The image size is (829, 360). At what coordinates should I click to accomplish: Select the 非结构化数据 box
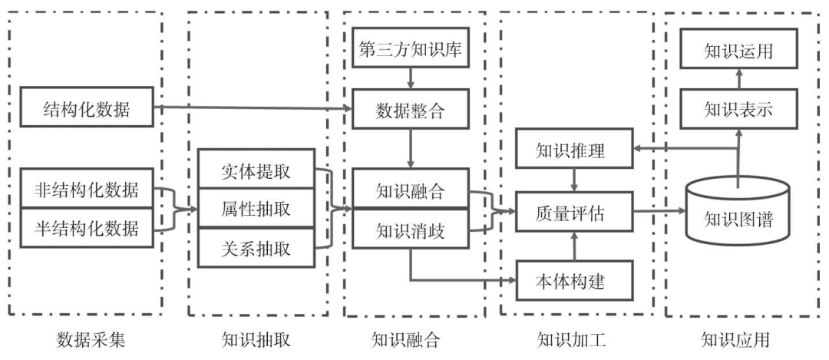click(87, 189)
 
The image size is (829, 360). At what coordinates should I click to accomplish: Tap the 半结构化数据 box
click(87, 227)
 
